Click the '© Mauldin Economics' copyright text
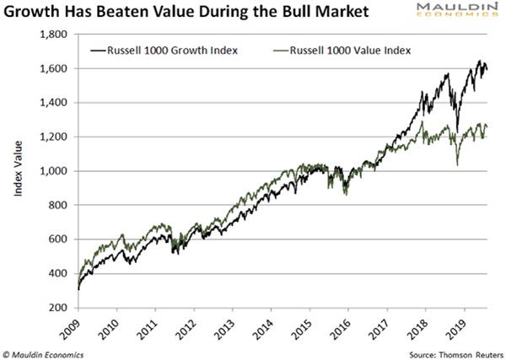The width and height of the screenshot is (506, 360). click(47, 352)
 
